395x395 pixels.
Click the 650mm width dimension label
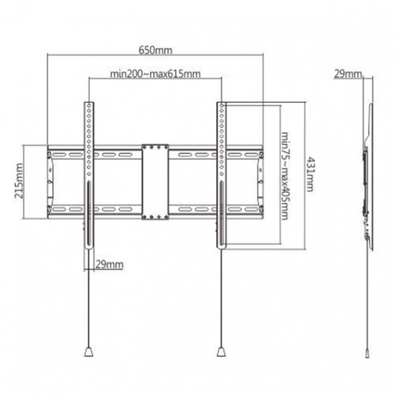pos(156,49)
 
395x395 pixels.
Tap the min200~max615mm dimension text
pos(156,74)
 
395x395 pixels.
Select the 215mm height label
pos(18,181)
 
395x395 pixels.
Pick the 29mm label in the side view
pos(347,74)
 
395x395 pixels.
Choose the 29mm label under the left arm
pos(110,264)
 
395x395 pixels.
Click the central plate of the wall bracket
pos(155,182)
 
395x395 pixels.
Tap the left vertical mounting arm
pos(90,173)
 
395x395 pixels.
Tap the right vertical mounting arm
pos(221,173)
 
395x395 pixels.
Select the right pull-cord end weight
pos(221,352)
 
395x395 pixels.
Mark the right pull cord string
pos(221,296)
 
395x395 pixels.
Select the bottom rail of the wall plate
pos(123,210)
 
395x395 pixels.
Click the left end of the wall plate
pos(50,182)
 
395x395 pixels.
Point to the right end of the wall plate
pos(260,182)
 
